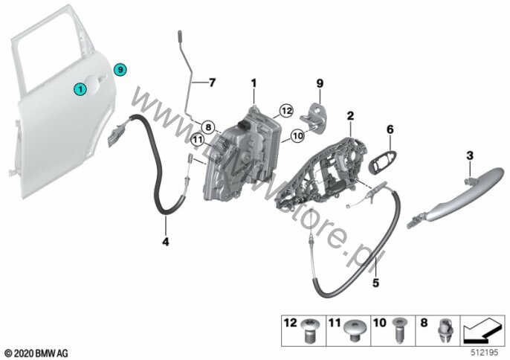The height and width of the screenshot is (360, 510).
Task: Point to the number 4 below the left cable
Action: point(167,240)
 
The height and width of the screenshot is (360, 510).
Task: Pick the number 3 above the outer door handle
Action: point(389,130)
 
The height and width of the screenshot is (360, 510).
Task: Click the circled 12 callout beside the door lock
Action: point(283,112)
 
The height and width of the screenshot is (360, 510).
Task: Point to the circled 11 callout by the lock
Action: point(196,138)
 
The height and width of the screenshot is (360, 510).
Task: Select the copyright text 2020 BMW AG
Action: point(35,351)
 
